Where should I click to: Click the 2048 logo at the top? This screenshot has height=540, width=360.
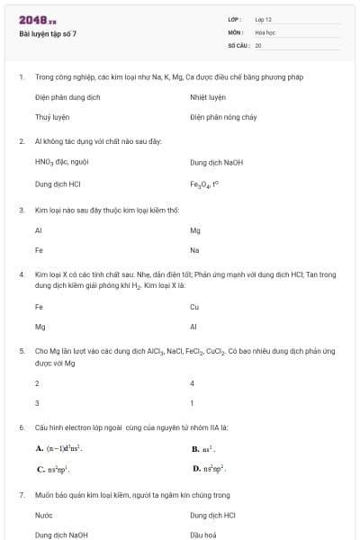coord(37,19)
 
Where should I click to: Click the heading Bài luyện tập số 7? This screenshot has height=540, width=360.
coord(48,33)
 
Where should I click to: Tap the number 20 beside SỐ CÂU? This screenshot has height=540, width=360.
coord(258,44)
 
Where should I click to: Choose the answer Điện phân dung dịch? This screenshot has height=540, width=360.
coord(67,96)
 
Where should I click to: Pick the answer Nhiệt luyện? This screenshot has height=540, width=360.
coord(208,96)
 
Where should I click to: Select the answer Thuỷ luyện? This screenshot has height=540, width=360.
coord(52,117)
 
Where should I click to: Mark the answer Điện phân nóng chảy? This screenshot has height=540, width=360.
coord(223,117)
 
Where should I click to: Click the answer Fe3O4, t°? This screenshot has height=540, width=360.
coord(204,184)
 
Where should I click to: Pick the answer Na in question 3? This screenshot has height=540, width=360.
coord(194,250)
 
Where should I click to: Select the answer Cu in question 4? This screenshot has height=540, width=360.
coord(194,307)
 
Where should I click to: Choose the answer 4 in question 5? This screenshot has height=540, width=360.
coord(193,382)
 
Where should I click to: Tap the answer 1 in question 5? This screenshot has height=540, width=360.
coord(193,403)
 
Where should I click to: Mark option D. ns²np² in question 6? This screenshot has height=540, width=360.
coord(209,469)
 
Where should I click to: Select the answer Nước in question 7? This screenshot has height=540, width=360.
coord(44,516)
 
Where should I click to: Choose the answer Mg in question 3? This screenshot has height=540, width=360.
coord(195,230)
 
